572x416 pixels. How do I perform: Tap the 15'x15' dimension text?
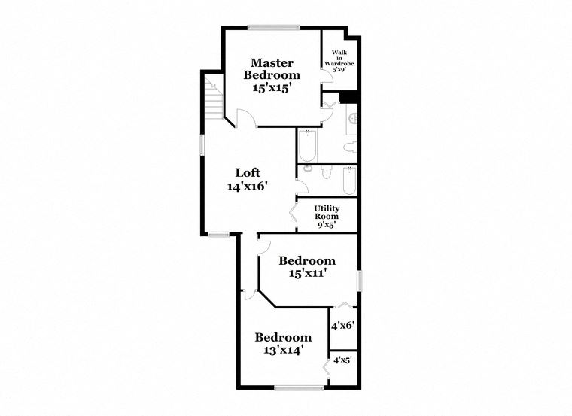pyautogui.click(x=272, y=87)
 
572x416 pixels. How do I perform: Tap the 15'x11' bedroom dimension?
pyautogui.click(x=307, y=274)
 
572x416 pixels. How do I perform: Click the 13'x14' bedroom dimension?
pyautogui.click(x=282, y=350)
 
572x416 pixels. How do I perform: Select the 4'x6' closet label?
pyautogui.click(x=342, y=326)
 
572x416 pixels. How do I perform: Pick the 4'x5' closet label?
pyautogui.click(x=342, y=360)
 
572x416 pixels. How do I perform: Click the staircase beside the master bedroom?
pyautogui.click(x=214, y=98)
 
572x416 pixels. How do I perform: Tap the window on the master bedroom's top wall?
pyautogui.click(x=274, y=28)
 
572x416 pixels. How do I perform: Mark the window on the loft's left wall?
pyautogui.click(x=202, y=145)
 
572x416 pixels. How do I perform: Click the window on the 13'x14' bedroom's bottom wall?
pyautogui.click(x=297, y=388)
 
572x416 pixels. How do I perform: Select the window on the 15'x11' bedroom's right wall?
pyautogui.click(x=359, y=280)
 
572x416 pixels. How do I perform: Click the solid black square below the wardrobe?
pyautogui.click(x=348, y=96)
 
